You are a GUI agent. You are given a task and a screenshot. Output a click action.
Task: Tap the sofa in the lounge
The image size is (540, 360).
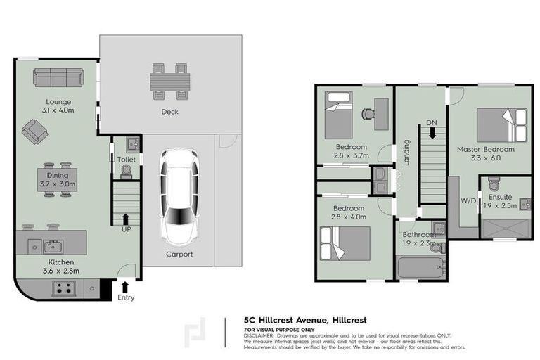(58, 77)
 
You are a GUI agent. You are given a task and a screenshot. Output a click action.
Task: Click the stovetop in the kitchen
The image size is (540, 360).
(63, 288)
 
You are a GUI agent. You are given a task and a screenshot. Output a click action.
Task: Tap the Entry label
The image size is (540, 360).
(125, 297)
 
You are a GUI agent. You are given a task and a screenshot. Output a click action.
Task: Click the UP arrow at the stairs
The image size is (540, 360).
(126, 220)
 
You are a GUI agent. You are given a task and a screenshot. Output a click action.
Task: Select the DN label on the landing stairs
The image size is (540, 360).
(431, 123)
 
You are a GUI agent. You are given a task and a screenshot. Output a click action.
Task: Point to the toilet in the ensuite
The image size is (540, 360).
(494, 186)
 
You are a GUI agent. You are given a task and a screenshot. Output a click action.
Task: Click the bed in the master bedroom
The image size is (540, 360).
(501, 124)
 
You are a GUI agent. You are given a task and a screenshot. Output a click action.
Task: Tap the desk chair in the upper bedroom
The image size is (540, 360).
(366, 112)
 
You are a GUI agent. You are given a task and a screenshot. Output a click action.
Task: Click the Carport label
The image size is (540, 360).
(179, 254)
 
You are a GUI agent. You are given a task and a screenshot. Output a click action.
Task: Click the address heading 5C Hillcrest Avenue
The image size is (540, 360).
(297, 319)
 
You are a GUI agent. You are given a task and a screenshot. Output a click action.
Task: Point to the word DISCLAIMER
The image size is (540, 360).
(259, 335)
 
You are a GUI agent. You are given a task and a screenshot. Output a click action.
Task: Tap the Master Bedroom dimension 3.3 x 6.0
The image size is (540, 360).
(486, 159)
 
